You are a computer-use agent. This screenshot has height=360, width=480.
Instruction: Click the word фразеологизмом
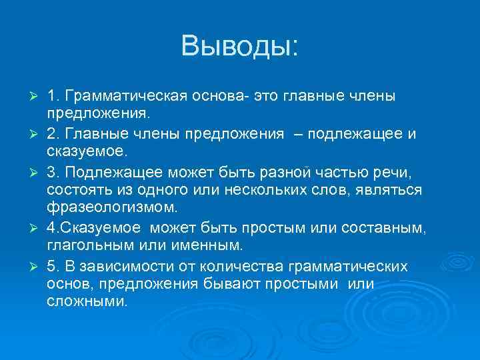pyautogui.click(x=111, y=207)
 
